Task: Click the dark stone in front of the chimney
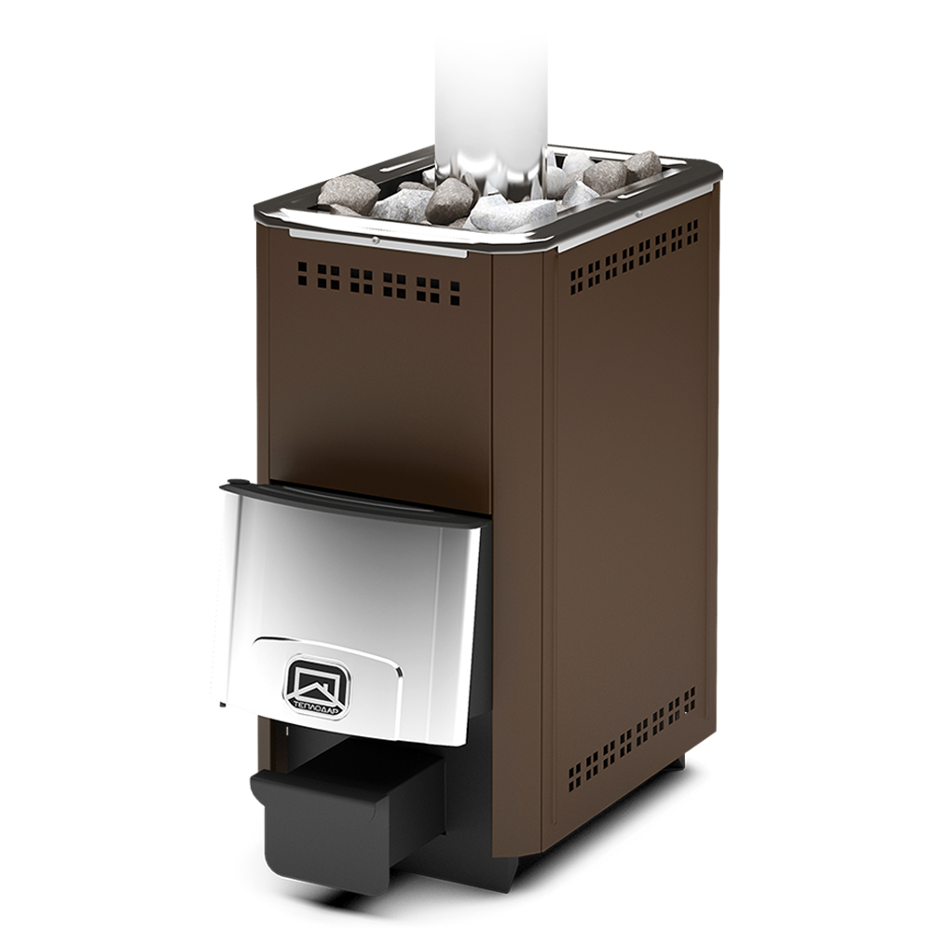[x=449, y=201]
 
